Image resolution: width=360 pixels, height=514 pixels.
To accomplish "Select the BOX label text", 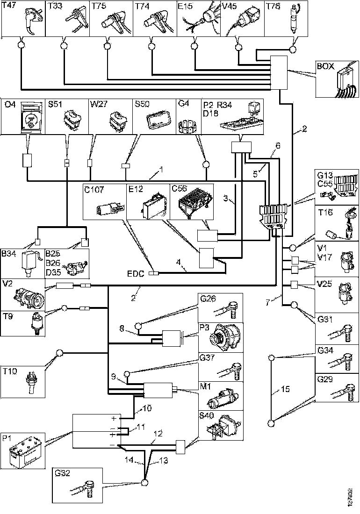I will tap(325, 66).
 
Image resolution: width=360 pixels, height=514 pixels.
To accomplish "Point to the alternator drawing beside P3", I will tap(224, 336).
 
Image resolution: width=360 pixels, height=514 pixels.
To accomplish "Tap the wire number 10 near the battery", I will tap(146, 408).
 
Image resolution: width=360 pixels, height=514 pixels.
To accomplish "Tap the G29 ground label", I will tap(324, 379).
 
